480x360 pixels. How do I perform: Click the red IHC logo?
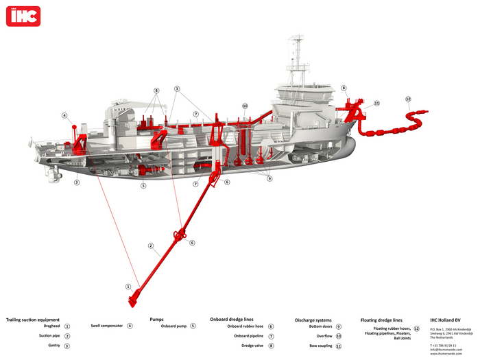23,16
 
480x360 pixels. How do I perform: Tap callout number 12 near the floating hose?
408,99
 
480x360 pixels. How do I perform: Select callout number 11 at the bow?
376,104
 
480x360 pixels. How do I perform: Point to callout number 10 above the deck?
244,106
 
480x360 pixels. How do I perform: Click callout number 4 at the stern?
64,116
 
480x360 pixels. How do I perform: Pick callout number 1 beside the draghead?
128,286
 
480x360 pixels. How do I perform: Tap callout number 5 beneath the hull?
143,185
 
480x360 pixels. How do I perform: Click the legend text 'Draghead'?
51,326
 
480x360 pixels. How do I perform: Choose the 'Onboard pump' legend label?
174,326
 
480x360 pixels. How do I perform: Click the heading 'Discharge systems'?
313,320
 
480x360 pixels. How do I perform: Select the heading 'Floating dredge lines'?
381,320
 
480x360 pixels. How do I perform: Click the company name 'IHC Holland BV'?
445,320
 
